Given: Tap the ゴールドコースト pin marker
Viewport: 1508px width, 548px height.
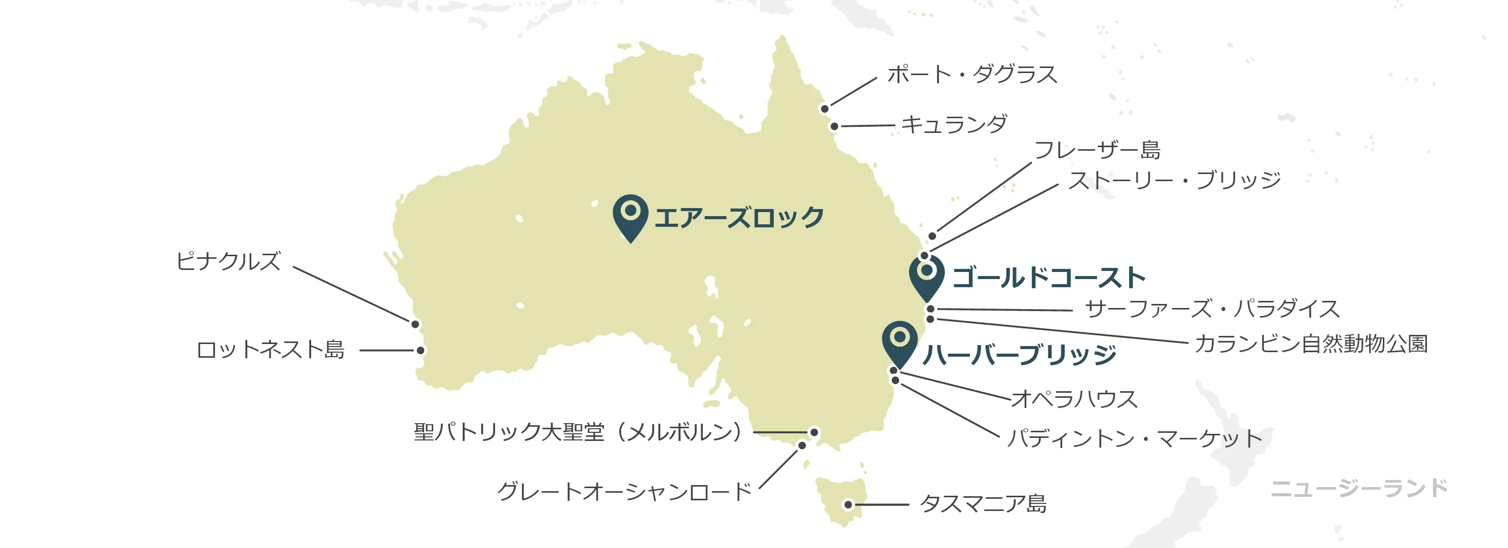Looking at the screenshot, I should pyautogui.click(x=927, y=275).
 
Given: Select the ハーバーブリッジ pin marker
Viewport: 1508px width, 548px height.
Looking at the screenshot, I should pyautogui.click(x=899, y=341).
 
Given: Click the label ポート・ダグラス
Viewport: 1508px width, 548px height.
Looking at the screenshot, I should pyautogui.click(x=972, y=75).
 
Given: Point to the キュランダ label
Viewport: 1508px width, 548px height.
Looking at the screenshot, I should pyautogui.click(x=954, y=124).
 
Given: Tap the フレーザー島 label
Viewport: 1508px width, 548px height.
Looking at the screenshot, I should pyautogui.click(x=1097, y=150).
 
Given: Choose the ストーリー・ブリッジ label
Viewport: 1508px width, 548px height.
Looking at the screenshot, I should pyautogui.click(x=1174, y=180).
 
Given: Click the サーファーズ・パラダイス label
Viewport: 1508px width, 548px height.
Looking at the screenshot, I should pyautogui.click(x=1212, y=309).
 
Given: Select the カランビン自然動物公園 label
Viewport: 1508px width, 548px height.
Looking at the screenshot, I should pyautogui.click(x=1311, y=344).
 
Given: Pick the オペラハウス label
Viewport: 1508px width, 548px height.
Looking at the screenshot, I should pyautogui.click(x=1074, y=399).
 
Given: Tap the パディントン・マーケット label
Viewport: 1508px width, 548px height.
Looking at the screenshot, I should pyautogui.click(x=1135, y=438).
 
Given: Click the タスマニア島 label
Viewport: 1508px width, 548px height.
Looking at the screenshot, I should pyautogui.click(x=983, y=503).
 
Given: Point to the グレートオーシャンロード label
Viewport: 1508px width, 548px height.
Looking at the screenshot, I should pyautogui.click(x=624, y=492).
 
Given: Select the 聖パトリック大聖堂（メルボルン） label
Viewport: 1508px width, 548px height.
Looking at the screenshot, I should pyautogui.click(x=578, y=432).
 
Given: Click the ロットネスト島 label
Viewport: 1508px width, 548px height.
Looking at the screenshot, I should pyautogui.click(x=271, y=350).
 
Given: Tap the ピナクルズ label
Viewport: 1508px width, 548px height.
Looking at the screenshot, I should pyautogui.click(x=229, y=261).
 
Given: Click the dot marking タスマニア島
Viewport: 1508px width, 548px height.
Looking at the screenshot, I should pyautogui.click(x=848, y=505).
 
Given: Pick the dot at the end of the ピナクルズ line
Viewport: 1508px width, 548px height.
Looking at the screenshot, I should pyautogui.click(x=415, y=324).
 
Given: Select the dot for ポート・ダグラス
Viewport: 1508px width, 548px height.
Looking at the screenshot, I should pyautogui.click(x=824, y=109).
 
